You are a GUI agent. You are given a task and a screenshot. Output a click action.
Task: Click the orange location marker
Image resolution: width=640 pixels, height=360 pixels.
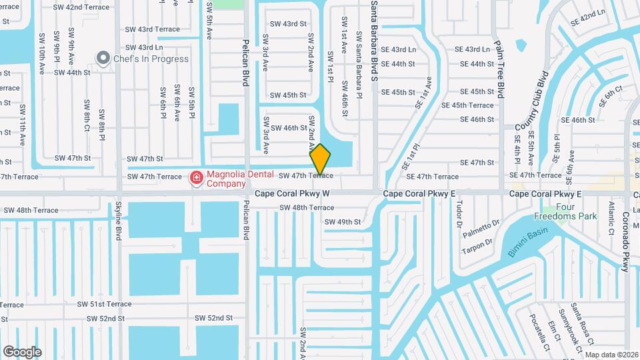(320, 159)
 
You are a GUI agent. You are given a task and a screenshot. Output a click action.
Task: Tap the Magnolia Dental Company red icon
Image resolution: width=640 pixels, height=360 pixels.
(196, 177)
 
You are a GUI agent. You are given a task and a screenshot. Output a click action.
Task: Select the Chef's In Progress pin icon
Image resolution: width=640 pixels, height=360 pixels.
(103, 59)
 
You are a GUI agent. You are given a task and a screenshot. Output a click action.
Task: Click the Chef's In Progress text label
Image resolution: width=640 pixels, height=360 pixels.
(151, 59)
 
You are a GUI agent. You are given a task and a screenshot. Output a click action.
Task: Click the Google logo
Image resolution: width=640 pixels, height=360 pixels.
(22, 351)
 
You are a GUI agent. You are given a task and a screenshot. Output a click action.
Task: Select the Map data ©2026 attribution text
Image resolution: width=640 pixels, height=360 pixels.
(611, 355)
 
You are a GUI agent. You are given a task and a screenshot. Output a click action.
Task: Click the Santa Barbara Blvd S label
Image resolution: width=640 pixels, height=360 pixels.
(374, 40)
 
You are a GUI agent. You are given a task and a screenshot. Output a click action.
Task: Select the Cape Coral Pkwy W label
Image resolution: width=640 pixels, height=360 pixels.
(292, 193)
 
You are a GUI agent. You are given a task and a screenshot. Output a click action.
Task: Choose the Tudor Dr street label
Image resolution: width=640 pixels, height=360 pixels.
(459, 215)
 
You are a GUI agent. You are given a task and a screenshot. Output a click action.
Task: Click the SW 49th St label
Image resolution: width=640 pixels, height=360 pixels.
(342, 222)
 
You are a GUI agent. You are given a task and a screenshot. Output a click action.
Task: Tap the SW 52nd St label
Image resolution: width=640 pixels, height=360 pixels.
(213, 318)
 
